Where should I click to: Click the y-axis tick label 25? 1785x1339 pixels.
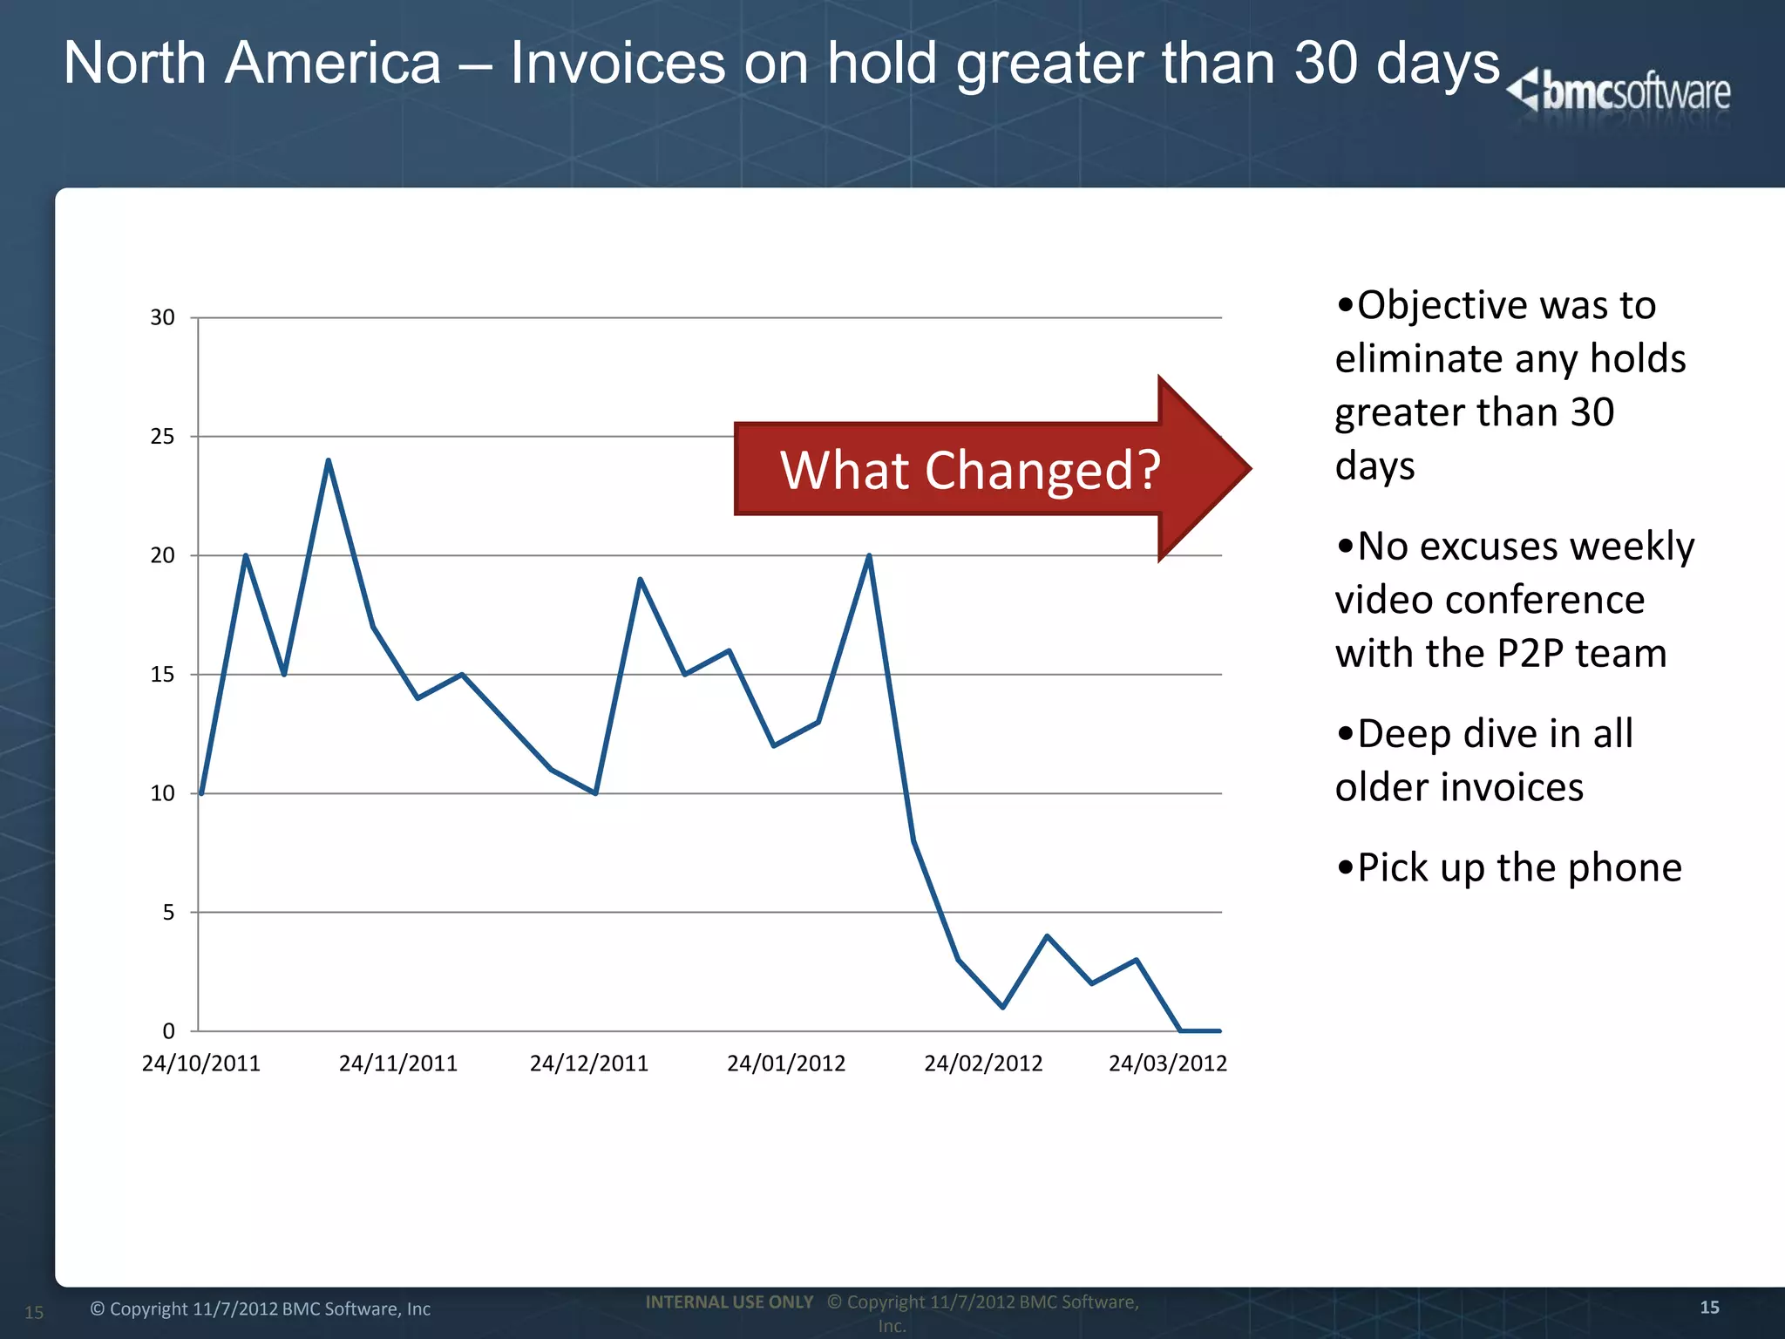click(162, 437)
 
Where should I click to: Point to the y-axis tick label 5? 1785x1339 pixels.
click(168, 913)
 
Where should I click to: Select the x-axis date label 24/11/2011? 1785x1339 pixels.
click(397, 1064)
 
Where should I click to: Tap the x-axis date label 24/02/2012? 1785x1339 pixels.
click(983, 1064)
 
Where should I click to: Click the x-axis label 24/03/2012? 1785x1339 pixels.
click(1167, 1064)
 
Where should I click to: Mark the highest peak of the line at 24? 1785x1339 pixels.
click(328, 460)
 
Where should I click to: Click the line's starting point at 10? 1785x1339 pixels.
click(201, 793)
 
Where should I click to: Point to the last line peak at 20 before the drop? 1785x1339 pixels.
click(869, 556)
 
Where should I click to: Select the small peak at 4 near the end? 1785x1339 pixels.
click(1047, 936)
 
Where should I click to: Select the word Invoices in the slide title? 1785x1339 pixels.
click(617, 64)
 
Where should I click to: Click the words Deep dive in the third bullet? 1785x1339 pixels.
click(1446, 734)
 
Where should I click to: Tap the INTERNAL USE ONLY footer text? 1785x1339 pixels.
click(729, 1302)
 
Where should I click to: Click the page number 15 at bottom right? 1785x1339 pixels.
click(1709, 1307)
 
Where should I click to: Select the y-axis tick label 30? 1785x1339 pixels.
click(162, 317)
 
